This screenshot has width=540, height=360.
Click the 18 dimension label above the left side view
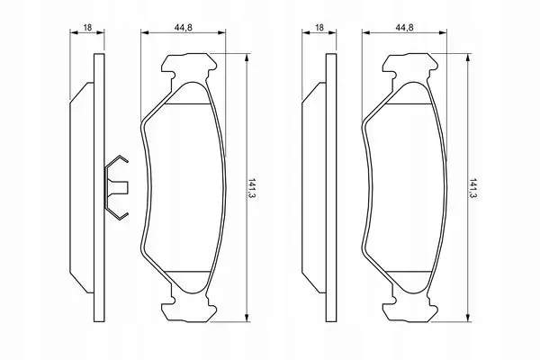coord(88,28)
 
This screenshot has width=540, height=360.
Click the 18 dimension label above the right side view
coord(319,28)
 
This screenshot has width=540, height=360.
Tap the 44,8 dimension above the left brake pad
coord(184,28)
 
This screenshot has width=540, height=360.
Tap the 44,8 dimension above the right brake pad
coord(404,28)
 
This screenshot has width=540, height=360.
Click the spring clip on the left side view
coord(116,187)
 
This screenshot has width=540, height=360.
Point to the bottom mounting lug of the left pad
coord(189,309)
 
